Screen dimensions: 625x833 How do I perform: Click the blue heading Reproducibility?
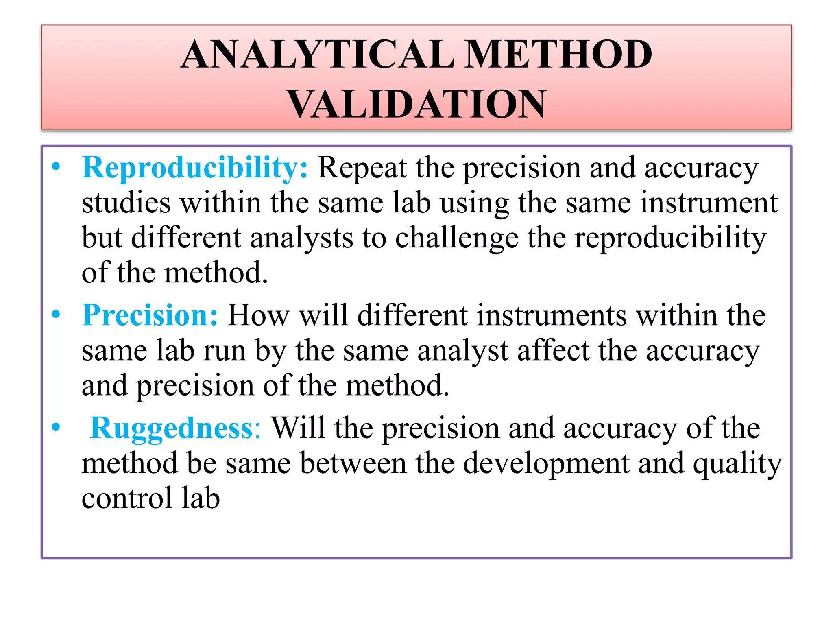click(x=195, y=168)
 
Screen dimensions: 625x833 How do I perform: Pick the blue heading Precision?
click(x=150, y=315)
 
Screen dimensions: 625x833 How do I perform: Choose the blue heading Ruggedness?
click(x=175, y=428)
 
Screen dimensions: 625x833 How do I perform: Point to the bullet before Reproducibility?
click(x=56, y=167)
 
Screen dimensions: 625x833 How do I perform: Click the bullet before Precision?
click(x=56, y=314)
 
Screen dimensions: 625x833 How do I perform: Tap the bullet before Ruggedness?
click(x=56, y=427)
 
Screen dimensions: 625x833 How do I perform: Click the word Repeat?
click(x=362, y=168)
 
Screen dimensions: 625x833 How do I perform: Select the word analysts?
click(x=301, y=238)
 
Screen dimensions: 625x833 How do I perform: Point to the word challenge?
click(x=456, y=238)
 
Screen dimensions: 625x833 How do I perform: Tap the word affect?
click(x=553, y=351)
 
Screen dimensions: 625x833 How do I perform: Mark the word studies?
click(x=126, y=203)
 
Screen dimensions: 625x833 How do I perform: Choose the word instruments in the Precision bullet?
click(x=552, y=315)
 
